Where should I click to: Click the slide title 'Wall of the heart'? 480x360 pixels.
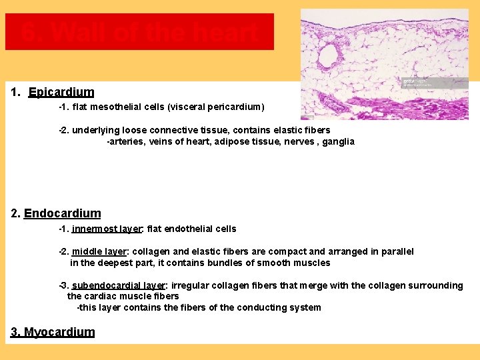pyautogui.click(x=139, y=32)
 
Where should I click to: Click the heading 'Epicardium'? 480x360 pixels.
pyautogui.click(x=61, y=92)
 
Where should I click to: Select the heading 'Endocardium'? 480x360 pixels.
pyautogui.click(x=62, y=213)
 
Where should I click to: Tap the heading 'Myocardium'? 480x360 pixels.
pyautogui.click(x=59, y=332)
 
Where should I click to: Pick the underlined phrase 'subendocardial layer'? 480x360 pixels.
pyautogui.click(x=118, y=285)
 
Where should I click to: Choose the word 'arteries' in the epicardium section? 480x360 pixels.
pyautogui.click(x=126, y=141)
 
